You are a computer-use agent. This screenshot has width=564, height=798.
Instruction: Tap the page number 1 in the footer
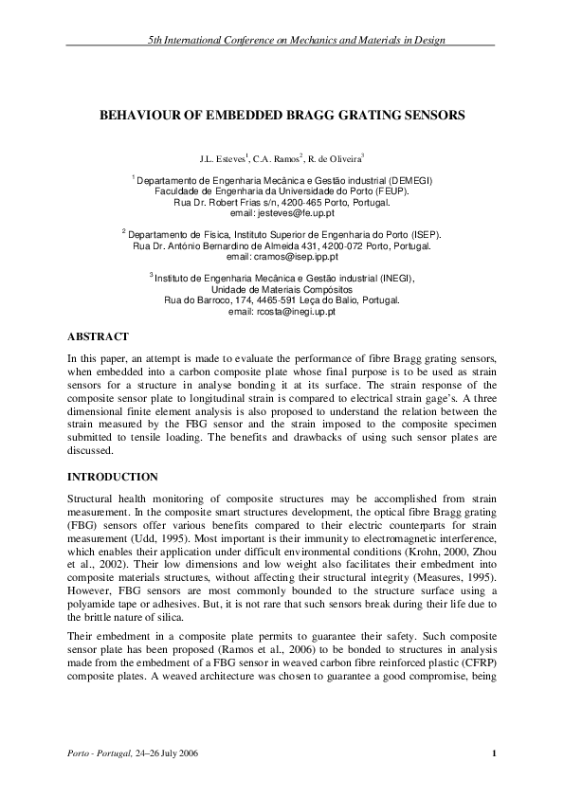tap(495, 753)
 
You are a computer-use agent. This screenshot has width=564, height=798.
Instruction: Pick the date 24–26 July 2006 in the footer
tap(184, 753)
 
